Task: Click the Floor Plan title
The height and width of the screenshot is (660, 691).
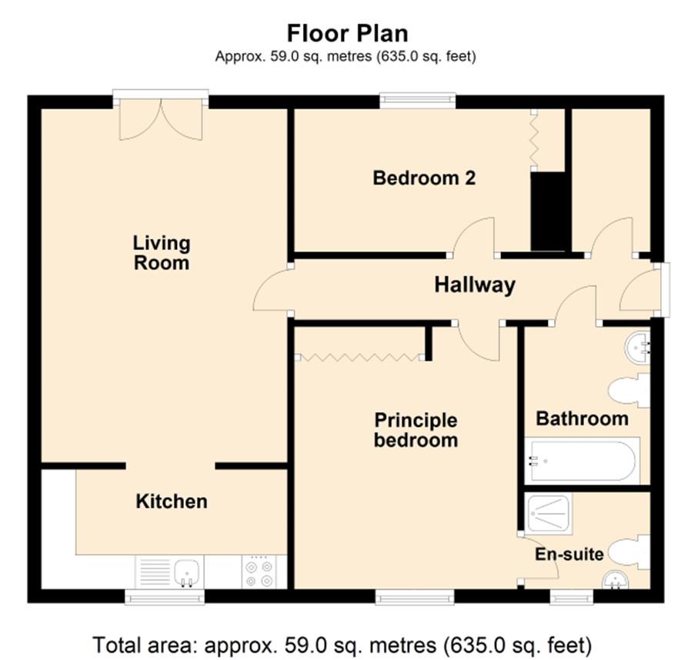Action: coord(347,33)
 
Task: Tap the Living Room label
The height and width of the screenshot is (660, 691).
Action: coord(162,253)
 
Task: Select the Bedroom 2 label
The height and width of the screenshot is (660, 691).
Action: coord(424,178)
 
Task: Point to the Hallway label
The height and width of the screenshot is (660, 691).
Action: coord(475,285)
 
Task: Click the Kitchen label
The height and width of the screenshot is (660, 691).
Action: coord(172,502)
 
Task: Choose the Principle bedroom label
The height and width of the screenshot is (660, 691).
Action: coord(416,430)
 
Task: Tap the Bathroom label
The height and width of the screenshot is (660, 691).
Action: coord(582,418)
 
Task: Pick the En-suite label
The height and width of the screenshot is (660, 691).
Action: coord(569,554)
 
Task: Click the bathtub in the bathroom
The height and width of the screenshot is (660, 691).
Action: coord(583,461)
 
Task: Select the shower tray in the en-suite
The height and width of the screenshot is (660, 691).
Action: coord(549,513)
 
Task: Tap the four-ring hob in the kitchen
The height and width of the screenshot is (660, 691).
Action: coord(259,572)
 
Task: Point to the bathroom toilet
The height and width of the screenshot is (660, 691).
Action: coord(629,390)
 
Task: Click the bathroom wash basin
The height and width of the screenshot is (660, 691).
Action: coord(637,348)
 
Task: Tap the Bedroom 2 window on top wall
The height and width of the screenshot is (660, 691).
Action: coord(417,101)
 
